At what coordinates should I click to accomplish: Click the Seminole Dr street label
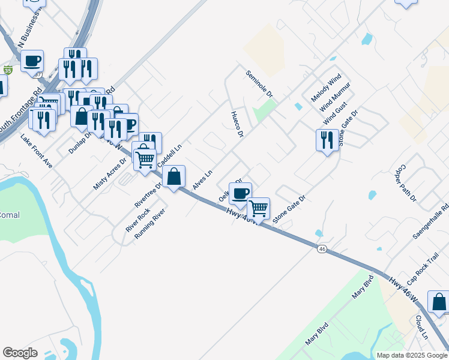click(259, 84)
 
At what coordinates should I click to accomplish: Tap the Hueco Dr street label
click(237, 124)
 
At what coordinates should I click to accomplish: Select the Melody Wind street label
click(326, 86)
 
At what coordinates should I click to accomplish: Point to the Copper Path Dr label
click(406, 183)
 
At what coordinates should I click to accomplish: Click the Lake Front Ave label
click(37, 151)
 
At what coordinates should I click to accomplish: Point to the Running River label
click(149, 224)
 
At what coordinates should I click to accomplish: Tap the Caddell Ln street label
click(169, 156)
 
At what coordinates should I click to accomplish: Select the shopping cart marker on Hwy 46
click(258, 209)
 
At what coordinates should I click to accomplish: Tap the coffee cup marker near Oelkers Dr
click(240, 193)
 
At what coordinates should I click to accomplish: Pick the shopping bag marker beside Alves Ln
click(173, 176)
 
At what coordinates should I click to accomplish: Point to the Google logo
click(20, 353)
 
